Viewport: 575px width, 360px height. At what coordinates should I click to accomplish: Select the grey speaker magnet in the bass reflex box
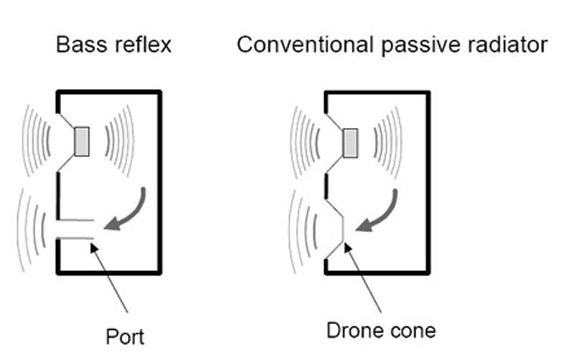click(82, 141)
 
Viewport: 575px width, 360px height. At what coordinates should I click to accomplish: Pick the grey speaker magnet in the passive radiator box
click(350, 142)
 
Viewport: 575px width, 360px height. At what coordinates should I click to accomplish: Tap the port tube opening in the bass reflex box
click(75, 229)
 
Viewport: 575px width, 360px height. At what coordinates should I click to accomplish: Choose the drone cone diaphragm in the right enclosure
click(344, 229)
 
